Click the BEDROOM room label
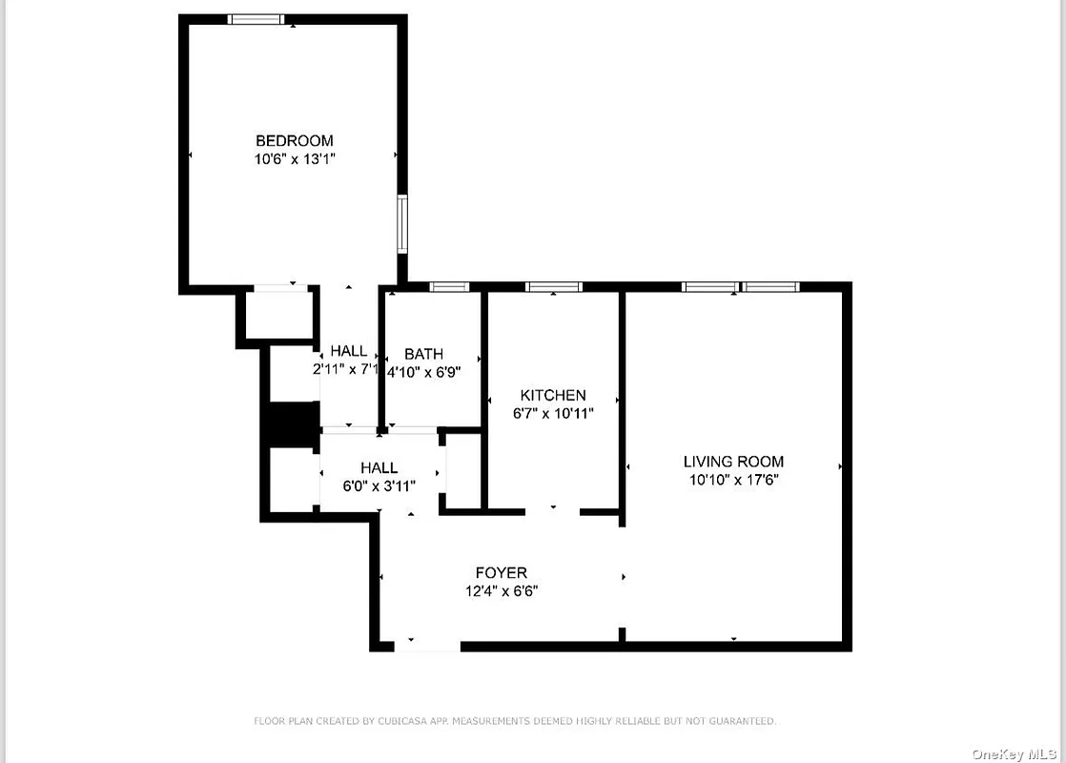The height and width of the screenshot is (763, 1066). pyautogui.click(x=294, y=141)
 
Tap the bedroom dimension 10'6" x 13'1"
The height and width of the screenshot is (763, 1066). pyautogui.click(x=294, y=159)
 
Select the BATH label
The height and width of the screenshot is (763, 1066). pyautogui.click(x=423, y=354)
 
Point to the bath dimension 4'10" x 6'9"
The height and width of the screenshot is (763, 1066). pyautogui.click(x=424, y=372)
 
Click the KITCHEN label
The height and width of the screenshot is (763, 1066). pyautogui.click(x=553, y=395)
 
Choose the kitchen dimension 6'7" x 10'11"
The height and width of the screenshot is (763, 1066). pyautogui.click(x=553, y=413)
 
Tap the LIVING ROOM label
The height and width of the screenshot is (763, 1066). pyautogui.click(x=733, y=462)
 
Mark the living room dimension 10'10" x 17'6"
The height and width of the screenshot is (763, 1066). pyautogui.click(x=733, y=480)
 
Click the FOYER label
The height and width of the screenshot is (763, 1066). pyautogui.click(x=502, y=573)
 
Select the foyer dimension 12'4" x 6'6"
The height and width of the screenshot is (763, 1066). pyautogui.click(x=502, y=591)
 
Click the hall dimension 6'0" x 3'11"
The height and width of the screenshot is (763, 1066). pyautogui.click(x=379, y=485)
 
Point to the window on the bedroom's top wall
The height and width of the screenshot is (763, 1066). pyautogui.click(x=256, y=19)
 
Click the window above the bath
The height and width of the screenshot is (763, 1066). pyautogui.click(x=448, y=286)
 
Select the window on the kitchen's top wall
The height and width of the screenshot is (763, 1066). pyautogui.click(x=554, y=286)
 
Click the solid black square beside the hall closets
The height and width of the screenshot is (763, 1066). pyautogui.click(x=291, y=424)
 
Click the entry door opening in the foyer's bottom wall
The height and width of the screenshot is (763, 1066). pyautogui.click(x=427, y=646)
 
